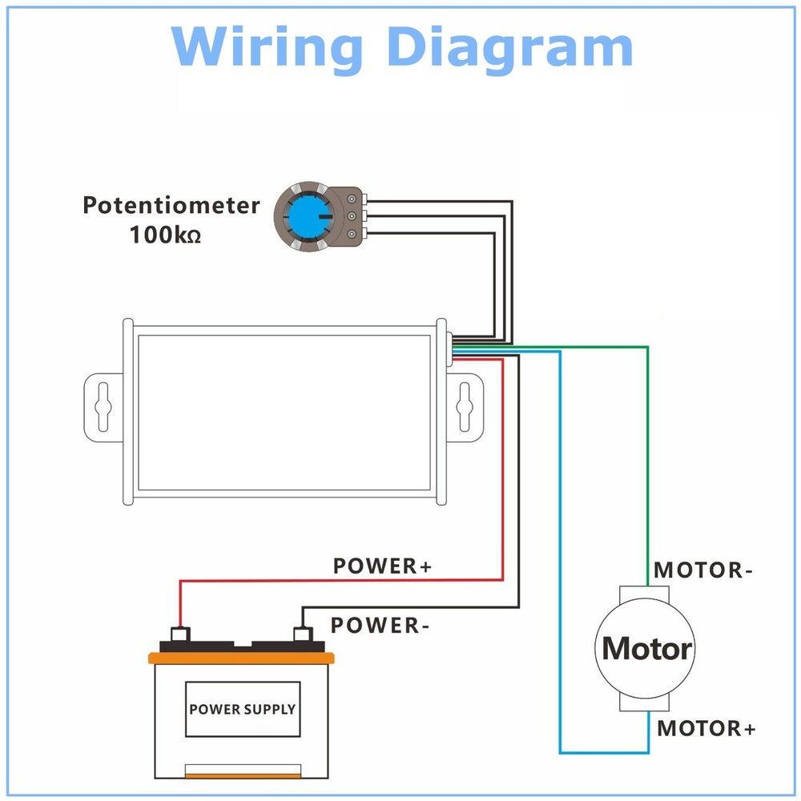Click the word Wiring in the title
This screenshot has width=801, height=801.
265,47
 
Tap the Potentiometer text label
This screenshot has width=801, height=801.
171,205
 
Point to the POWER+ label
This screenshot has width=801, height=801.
382,566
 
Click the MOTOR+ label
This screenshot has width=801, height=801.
706,729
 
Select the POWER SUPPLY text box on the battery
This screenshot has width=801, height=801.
242,709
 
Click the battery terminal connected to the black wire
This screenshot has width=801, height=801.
302,634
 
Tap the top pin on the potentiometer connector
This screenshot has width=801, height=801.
351,199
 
